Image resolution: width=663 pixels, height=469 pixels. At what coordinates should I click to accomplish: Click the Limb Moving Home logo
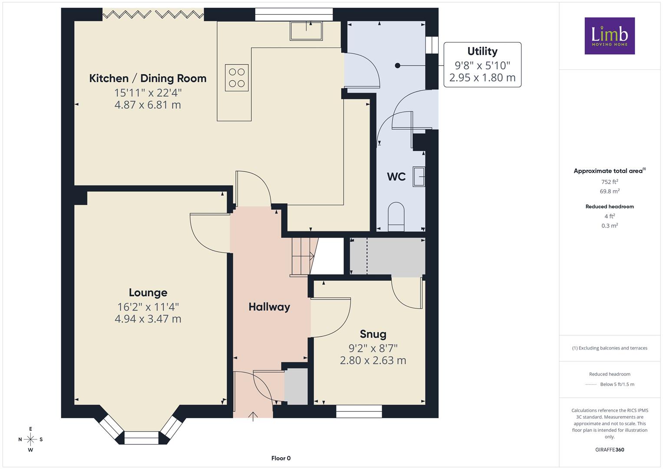pos(610,36)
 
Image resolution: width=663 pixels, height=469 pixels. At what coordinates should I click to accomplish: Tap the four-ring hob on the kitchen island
pos(237,78)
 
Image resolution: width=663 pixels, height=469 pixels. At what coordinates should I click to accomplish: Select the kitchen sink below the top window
pos(306,31)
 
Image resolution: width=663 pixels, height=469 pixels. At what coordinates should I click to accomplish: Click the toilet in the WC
pos(396,216)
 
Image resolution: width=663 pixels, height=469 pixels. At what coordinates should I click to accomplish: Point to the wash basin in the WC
pos(419,176)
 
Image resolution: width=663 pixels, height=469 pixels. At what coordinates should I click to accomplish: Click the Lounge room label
pos(148,293)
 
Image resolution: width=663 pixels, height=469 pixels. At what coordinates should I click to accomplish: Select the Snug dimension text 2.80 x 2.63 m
pos(373,360)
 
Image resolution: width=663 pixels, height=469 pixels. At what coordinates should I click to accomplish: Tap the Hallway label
pos(269,307)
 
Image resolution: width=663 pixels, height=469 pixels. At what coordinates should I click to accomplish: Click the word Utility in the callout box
pos(482,51)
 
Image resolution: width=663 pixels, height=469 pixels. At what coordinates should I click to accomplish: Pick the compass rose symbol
pos(30,439)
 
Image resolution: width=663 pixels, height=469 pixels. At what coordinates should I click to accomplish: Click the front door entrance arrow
pos(253,416)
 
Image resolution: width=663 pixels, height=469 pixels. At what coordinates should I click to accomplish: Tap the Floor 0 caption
pos(281,458)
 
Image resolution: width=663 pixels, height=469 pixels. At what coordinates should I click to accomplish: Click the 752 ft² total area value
pos(610,182)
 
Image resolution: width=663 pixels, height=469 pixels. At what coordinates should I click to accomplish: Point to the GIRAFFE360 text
pos(610,450)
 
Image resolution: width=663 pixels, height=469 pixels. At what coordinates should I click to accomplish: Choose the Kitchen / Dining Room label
pos(148,79)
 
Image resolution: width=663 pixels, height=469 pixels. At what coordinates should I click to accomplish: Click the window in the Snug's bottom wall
pos(359,411)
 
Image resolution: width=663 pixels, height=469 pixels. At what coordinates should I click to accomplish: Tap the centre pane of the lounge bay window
pos(142,438)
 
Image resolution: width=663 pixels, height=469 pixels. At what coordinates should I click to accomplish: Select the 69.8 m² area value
pos(610,191)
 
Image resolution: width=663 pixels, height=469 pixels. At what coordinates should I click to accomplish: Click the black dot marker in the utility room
pos(398,66)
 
